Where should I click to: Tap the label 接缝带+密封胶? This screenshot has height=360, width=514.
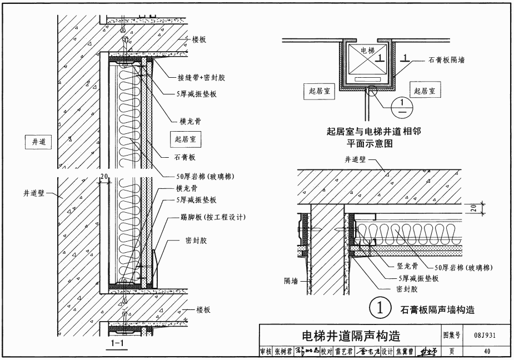pos(194,78)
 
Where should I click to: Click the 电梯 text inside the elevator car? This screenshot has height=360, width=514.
pos(367,51)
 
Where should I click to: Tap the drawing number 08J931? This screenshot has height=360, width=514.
pos(486,336)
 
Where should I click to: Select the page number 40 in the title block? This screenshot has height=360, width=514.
pos(487,352)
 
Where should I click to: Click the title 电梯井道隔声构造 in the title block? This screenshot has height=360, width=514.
pos(350,336)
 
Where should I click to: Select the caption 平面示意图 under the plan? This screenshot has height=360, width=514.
pos(370,143)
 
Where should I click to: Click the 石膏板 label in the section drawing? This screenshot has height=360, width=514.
pos(183,157)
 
